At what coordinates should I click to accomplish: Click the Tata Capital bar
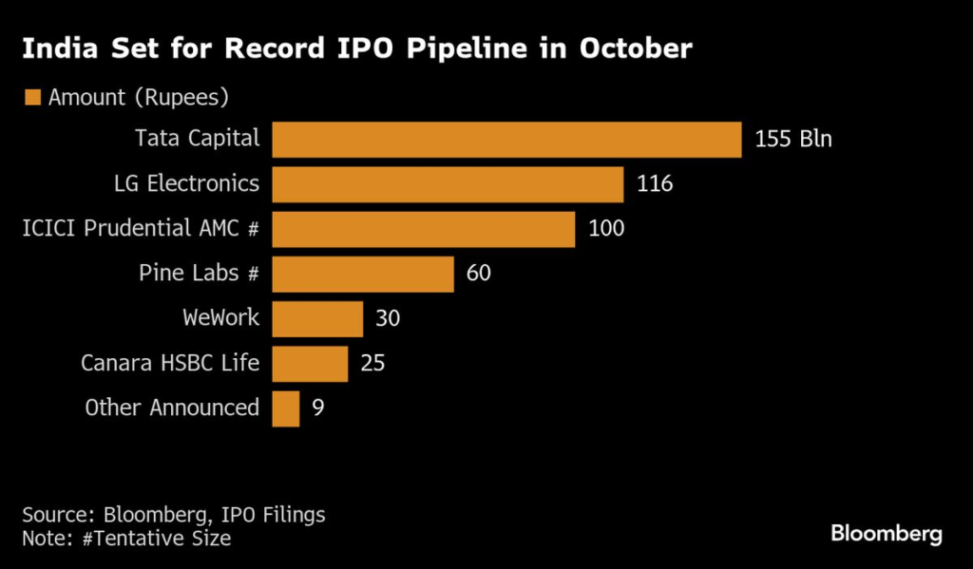click(x=506, y=140)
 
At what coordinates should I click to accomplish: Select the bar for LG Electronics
click(x=448, y=184)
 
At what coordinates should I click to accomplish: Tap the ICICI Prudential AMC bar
click(x=424, y=229)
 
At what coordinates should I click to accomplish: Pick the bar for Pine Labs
click(x=363, y=274)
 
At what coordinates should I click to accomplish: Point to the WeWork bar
click(x=317, y=318)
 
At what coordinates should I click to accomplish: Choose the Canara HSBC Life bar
click(x=310, y=363)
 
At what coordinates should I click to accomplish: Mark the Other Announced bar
click(x=286, y=408)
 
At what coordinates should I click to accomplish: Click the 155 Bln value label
click(x=793, y=140)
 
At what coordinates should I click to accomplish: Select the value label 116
click(x=655, y=184)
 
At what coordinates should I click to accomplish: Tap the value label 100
click(x=607, y=229)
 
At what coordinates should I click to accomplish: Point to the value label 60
click(x=479, y=274)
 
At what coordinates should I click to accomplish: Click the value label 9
click(x=318, y=408)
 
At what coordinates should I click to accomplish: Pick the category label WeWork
click(x=220, y=317)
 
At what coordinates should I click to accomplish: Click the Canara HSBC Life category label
click(x=171, y=362)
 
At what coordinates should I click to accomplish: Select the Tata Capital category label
click(x=197, y=139)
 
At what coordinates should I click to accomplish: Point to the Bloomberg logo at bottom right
click(x=886, y=534)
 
